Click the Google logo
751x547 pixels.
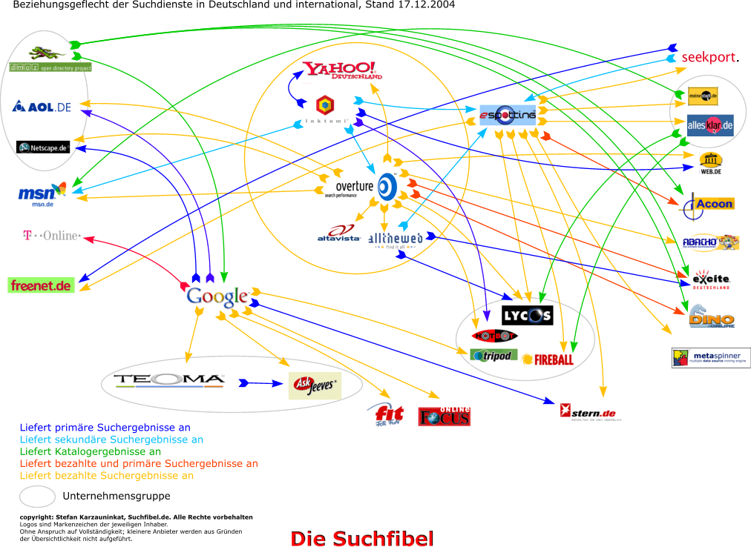(217, 296)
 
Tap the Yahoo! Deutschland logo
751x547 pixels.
(342, 70)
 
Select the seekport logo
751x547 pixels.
(710, 58)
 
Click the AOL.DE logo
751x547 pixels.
(42, 107)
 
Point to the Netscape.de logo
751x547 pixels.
(44, 147)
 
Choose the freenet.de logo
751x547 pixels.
(42, 285)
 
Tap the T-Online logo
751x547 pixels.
(51, 236)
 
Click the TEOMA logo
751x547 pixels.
(169, 381)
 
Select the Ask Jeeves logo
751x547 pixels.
(315, 385)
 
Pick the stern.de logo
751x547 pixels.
(591, 412)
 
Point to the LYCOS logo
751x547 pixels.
(527, 316)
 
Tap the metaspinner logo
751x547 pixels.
(711, 358)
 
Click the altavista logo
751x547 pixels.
(338, 234)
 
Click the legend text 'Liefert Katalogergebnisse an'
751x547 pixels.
(91, 451)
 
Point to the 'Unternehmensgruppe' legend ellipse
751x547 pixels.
(37, 496)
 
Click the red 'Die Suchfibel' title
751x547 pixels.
(361, 538)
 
